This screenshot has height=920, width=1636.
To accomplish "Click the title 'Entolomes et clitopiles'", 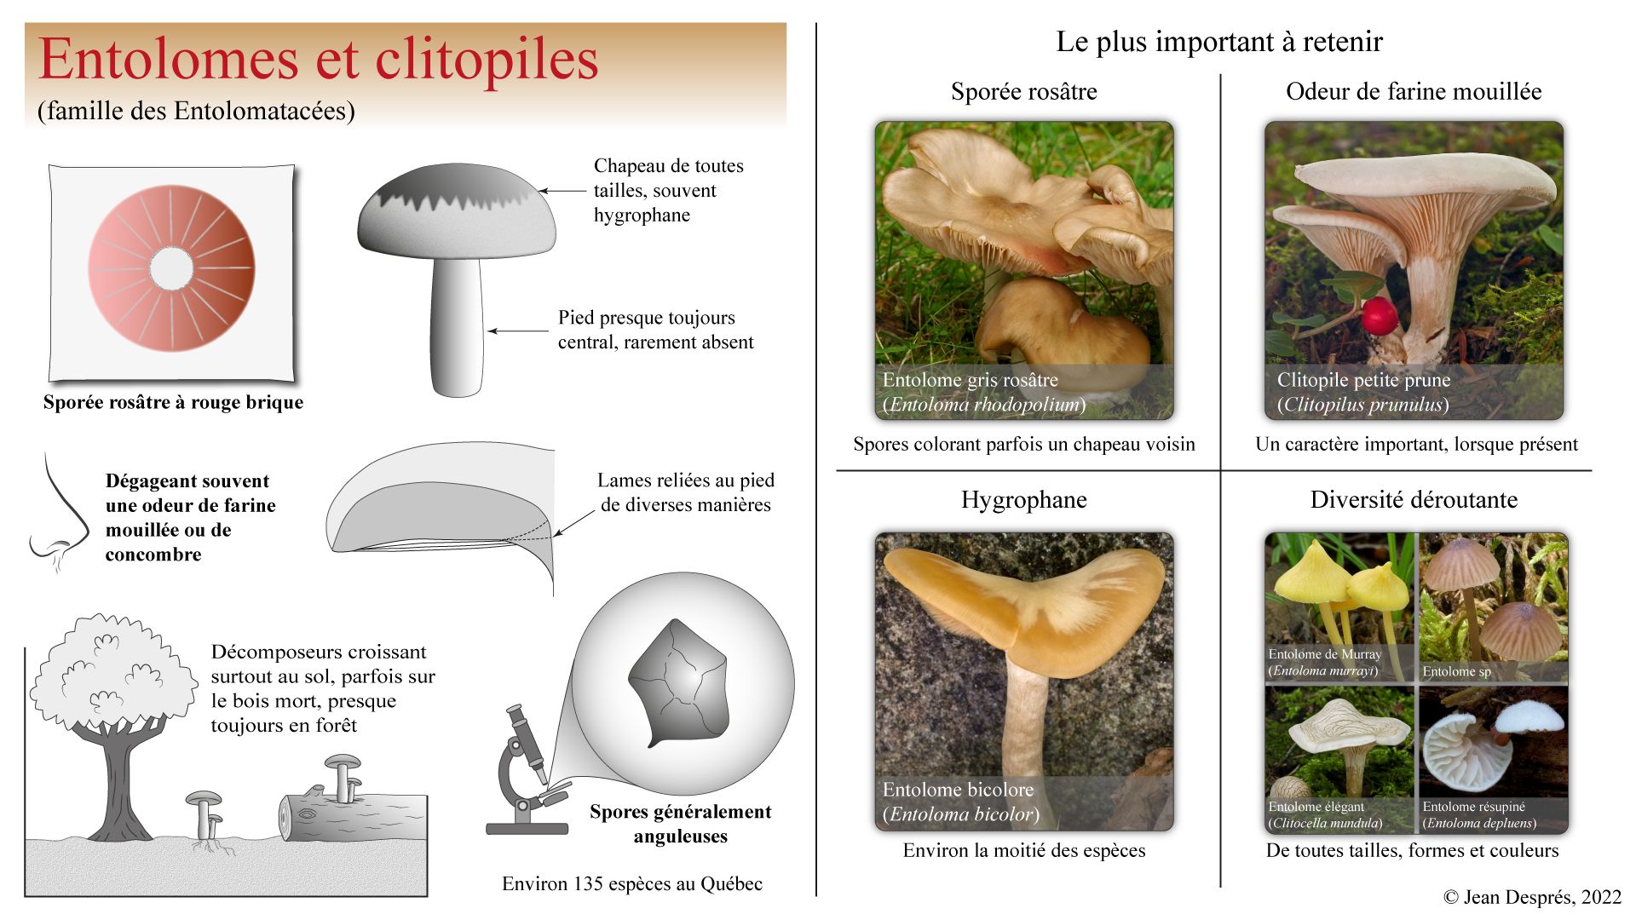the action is [318, 60].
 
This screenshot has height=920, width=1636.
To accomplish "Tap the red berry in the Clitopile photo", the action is [1379, 317].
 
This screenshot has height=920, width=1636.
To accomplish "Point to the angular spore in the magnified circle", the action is [679, 681].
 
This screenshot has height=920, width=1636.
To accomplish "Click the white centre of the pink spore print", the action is [171, 268].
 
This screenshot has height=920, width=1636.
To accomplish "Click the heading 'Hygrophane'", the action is [1023, 499].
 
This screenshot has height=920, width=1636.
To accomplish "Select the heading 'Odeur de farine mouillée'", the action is [1413, 91].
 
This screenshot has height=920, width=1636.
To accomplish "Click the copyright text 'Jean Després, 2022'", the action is [1532, 897].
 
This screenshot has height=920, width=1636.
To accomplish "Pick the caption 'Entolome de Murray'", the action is [1324, 654].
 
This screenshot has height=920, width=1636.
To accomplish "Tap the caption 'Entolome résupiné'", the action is [1473, 807].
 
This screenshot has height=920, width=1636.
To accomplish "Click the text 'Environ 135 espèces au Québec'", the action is [631, 884].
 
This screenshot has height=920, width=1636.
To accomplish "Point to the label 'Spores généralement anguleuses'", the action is [680, 824].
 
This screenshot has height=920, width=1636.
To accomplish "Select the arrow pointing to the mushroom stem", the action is [517, 331].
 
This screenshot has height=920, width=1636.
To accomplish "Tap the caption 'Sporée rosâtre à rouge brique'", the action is [173, 402].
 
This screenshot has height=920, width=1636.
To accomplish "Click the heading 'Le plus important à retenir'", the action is [1218, 42].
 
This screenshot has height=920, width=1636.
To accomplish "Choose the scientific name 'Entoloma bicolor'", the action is [961, 814].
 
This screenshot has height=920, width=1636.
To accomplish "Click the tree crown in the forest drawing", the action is [111, 673].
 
